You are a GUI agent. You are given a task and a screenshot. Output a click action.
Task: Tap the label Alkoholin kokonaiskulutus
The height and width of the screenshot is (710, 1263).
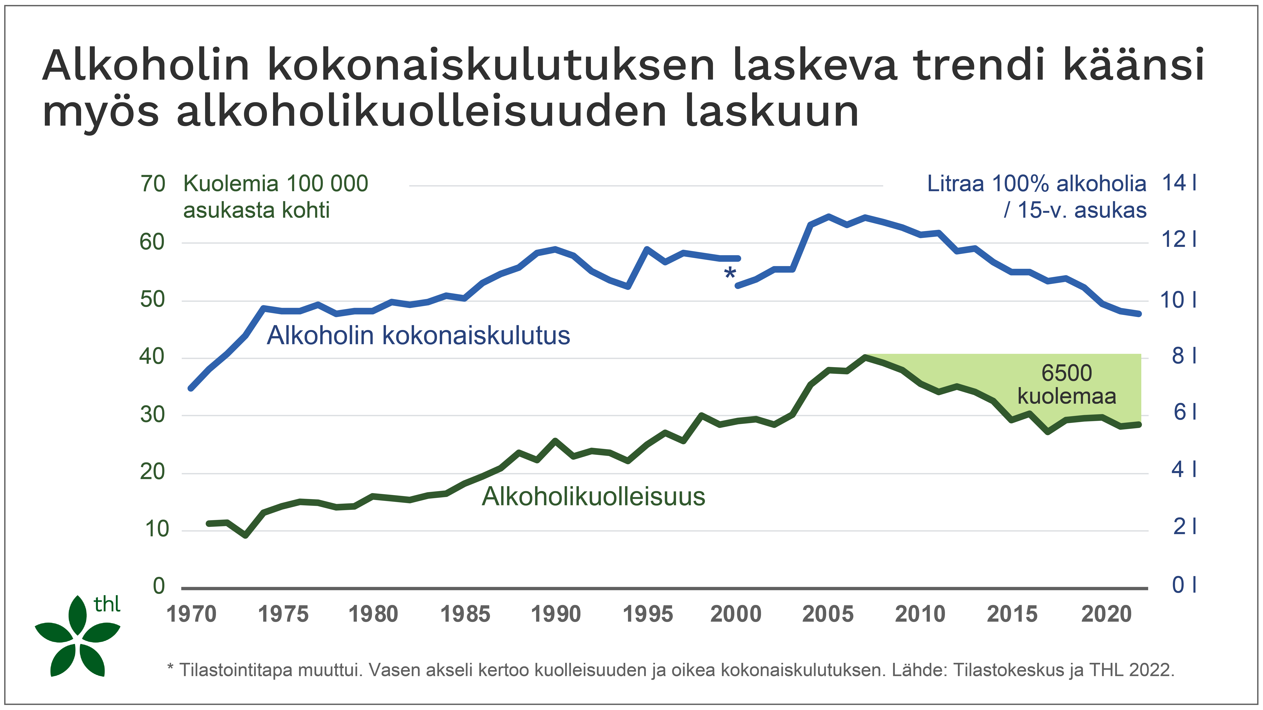418,336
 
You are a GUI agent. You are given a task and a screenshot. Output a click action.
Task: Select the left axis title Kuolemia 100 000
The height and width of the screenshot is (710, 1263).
276,184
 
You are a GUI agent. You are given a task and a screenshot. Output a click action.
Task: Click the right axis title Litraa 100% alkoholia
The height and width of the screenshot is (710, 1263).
1036,184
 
